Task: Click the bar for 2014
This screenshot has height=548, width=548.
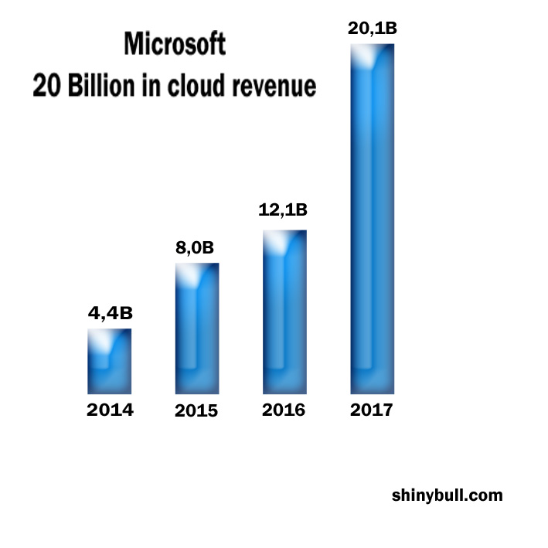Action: tap(109, 362)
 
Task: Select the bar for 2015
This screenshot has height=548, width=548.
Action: tap(197, 328)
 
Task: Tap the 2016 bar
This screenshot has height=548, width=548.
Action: tap(284, 312)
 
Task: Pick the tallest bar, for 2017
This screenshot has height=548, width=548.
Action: tap(373, 220)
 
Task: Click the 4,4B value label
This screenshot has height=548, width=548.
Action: tap(110, 314)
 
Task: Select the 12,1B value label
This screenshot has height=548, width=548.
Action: tap(284, 209)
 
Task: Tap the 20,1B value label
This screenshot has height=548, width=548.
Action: tap(372, 30)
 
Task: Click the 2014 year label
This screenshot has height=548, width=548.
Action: tap(110, 410)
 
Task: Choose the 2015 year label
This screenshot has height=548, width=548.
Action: tap(196, 411)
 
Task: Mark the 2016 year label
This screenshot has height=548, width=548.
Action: tap(284, 410)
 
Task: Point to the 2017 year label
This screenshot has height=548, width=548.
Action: tap(372, 410)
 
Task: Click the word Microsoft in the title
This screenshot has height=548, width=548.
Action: tap(175, 44)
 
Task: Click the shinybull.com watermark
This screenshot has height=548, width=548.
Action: tap(447, 495)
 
